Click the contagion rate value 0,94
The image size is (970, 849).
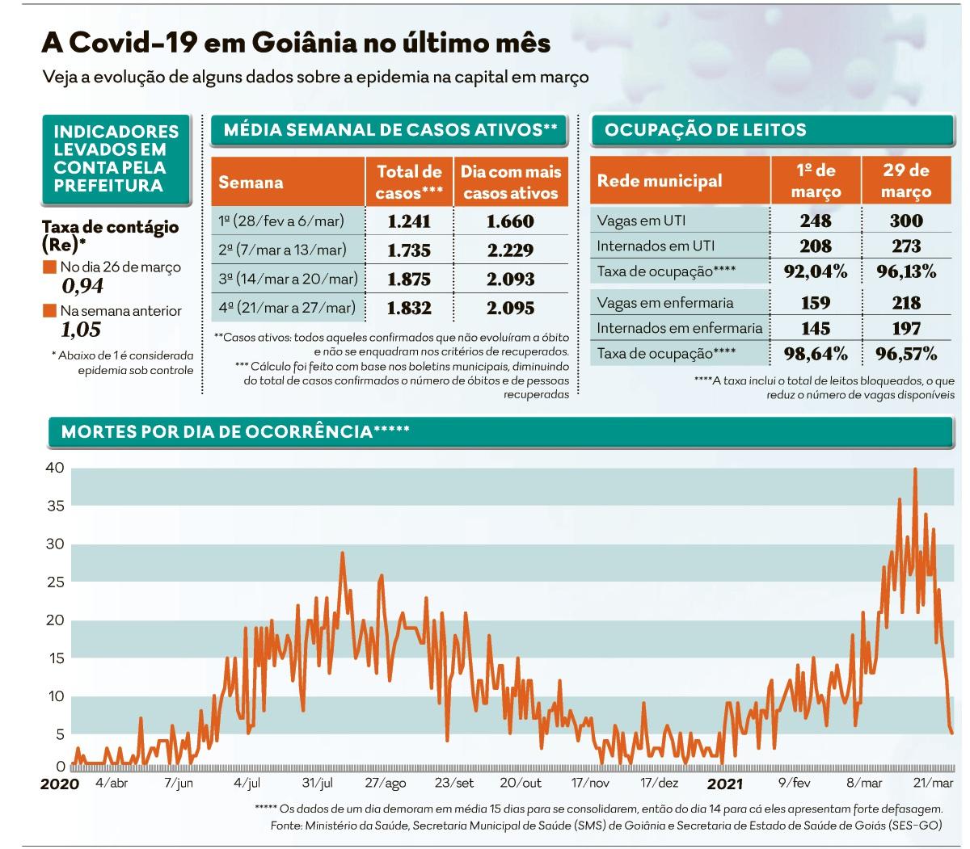pos(82,285)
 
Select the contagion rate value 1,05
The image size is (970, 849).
pos(81,330)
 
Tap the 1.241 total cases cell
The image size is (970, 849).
pos(409,221)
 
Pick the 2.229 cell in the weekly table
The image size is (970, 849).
pos(510,250)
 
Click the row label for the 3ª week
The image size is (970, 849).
pos(287,279)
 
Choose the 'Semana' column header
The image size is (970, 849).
pos(251,182)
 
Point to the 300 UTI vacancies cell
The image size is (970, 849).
pos(906,221)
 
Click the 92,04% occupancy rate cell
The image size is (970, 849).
pos(816,271)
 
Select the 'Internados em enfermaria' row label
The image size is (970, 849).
pos(679,328)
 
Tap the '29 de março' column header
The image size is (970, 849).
pos(906,181)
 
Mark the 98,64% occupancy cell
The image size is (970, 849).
pos(816,353)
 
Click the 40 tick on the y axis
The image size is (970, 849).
pos(54,468)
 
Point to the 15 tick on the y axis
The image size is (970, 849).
pos(54,658)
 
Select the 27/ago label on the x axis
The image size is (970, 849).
pos(385,783)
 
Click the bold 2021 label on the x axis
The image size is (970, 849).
pos(724,784)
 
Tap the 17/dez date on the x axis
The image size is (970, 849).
pos(659,783)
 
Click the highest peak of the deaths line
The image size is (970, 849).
pos(914,469)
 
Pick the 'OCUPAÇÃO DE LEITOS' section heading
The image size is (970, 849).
pos(705,130)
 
